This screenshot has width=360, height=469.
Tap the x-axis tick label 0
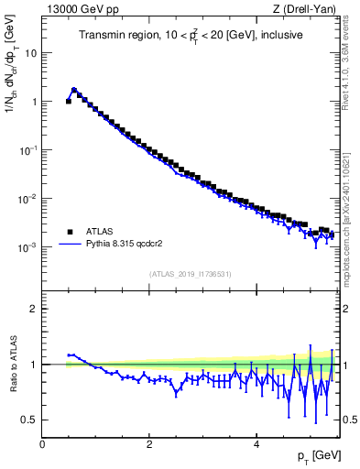click(x=42, y=445)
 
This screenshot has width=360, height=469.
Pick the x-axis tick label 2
click(x=149, y=445)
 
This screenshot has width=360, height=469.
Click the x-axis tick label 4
click(x=256, y=445)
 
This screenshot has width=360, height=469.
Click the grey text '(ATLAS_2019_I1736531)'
click(x=191, y=273)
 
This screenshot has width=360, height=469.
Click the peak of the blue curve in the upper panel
click(x=74, y=90)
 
